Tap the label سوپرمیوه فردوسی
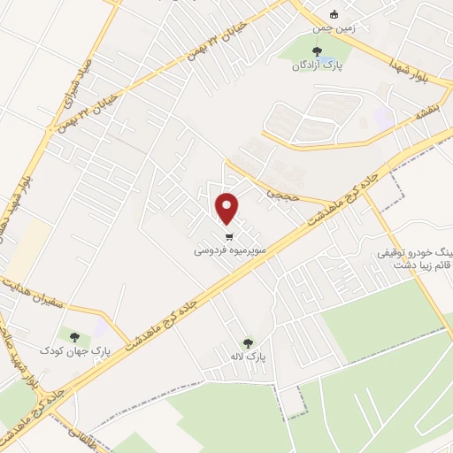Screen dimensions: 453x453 229,251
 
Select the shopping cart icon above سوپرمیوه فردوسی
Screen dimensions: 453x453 230,237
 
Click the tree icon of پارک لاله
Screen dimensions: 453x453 248,342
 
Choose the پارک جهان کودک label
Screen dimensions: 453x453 75,351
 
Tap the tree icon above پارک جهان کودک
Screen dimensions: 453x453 74,336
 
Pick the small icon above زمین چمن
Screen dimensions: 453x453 334,14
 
